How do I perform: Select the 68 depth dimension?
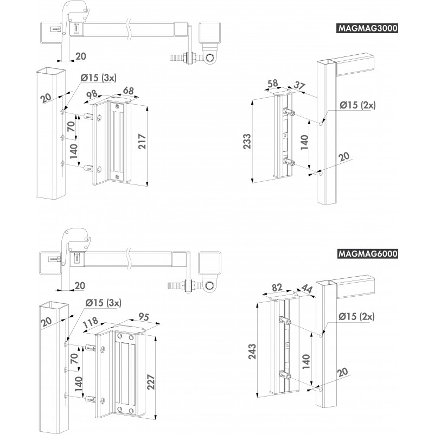pyautogui.click(x=128, y=90)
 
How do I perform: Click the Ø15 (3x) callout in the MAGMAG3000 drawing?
pyautogui.click(x=98, y=78)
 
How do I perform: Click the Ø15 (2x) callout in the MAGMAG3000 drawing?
pyautogui.click(x=356, y=106)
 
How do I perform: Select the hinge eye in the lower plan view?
pyautogui.click(x=209, y=284)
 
